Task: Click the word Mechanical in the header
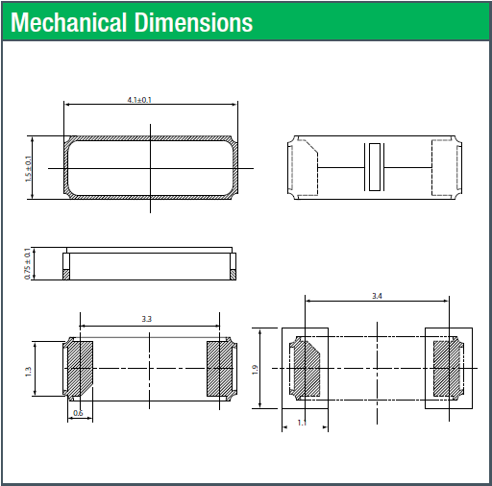69,22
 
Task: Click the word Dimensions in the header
194,22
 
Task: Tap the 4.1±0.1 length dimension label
139,100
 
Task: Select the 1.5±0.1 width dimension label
29,169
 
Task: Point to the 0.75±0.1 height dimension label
28,263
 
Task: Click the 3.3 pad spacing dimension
147,319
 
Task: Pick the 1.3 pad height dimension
28,372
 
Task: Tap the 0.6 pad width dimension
78,413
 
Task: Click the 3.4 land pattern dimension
377,296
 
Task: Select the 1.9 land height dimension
255,370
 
